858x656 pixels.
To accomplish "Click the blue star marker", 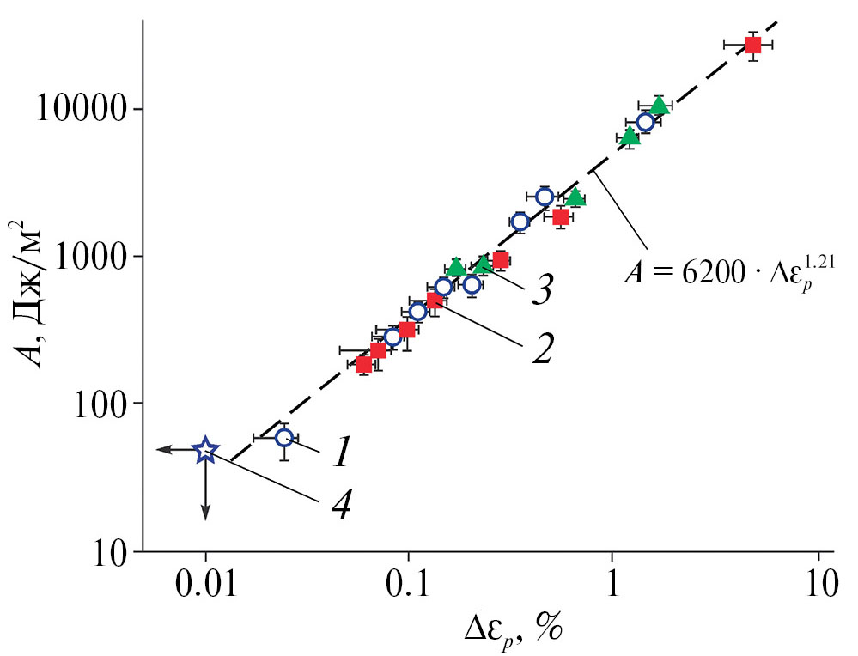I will coord(205,449).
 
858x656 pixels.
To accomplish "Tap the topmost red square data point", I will coord(752,45).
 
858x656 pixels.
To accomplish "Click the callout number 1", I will coord(341,453).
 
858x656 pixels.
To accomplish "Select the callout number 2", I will coord(541,349).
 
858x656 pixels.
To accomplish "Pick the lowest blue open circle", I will coord(284,439).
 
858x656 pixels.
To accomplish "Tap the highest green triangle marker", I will coord(659,106).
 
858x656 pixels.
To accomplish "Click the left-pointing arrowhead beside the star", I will coord(161,449).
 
